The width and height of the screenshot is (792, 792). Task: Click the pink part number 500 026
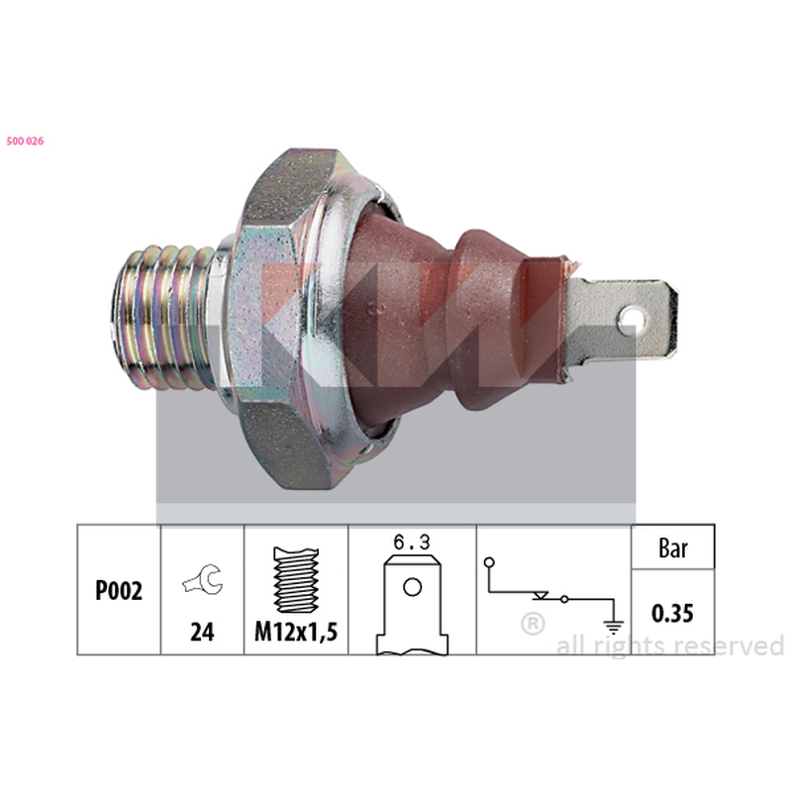pyautogui.click(x=25, y=141)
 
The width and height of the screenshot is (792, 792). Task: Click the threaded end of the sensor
pyautogui.click(x=163, y=317)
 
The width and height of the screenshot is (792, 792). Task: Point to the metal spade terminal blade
pyautogui.click(x=623, y=320)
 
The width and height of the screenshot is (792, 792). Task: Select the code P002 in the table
pyautogui.click(x=119, y=590)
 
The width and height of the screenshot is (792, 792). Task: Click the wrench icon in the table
pyautogui.click(x=203, y=579)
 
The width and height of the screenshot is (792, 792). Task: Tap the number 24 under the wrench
pyautogui.click(x=202, y=632)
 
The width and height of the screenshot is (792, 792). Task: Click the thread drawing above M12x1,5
pyautogui.click(x=296, y=579)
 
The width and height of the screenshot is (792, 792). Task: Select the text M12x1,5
pyautogui.click(x=296, y=632)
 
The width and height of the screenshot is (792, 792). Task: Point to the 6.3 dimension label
pyautogui.click(x=412, y=543)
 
